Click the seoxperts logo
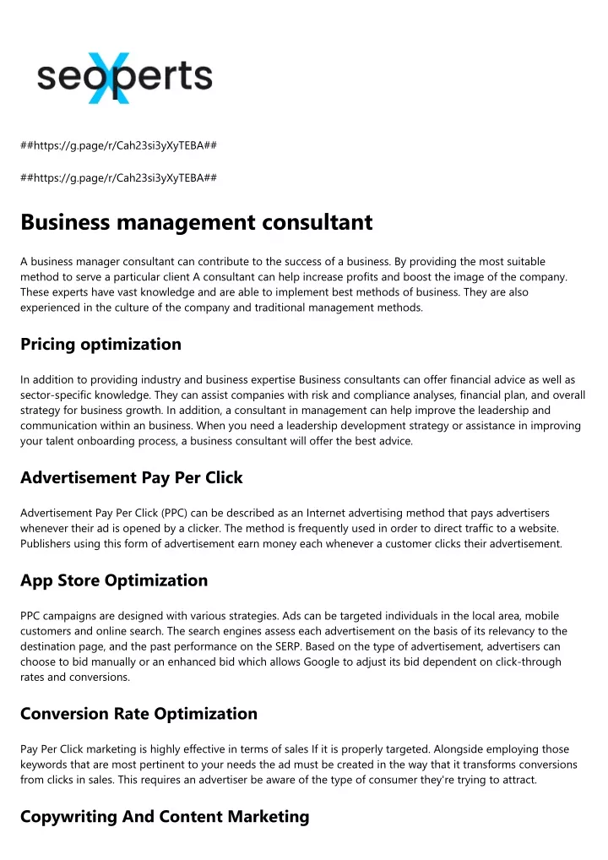pyautogui.click(x=124, y=77)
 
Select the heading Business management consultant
pyautogui.click(x=196, y=222)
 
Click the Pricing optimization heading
pyautogui.click(x=100, y=344)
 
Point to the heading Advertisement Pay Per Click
pyautogui.click(x=131, y=477)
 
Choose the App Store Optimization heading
pyautogui.click(x=114, y=580)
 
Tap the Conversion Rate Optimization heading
pyautogui.click(x=138, y=714)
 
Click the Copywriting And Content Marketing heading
pyautogui.click(x=165, y=817)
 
